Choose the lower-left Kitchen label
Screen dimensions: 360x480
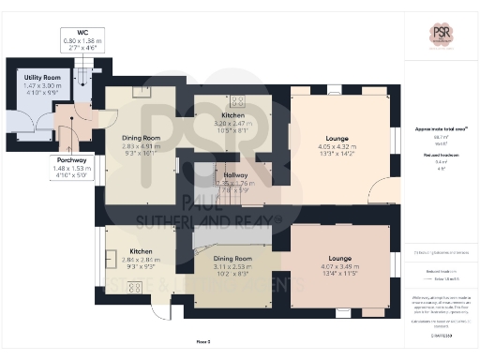coord(141,251)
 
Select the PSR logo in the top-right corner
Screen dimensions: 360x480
coord(441,34)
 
